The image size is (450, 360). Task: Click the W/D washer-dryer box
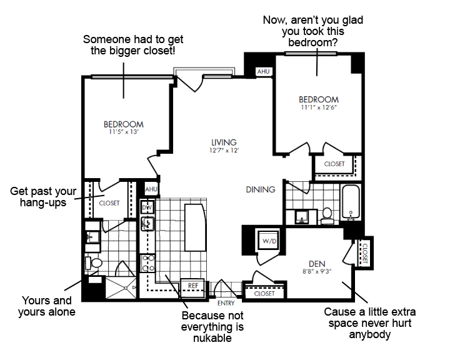point(269,241)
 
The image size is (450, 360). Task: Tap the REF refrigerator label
point(193,286)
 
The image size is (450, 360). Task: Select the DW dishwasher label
point(147,207)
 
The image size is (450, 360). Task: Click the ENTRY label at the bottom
point(226,303)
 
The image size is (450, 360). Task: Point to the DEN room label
point(317,264)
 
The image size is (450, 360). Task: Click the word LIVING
point(224,142)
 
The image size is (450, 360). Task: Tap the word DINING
point(261,189)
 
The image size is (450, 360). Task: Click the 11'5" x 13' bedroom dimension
point(124,132)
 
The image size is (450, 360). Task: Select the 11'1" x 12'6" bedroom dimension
point(319,107)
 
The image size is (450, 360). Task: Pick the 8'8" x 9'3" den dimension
point(317,271)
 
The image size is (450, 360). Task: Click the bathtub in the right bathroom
point(351,202)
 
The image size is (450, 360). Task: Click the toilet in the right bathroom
point(327,216)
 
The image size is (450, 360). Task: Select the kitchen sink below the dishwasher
point(147,224)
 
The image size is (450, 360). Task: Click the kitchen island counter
point(195,227)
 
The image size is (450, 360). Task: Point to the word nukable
point(212,338)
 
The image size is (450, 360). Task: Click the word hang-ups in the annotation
point(43,202)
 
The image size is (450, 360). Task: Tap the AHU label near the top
point(264,71)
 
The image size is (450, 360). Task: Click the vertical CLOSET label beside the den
point(365,254)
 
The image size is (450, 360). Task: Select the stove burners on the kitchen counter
point(147,263)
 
